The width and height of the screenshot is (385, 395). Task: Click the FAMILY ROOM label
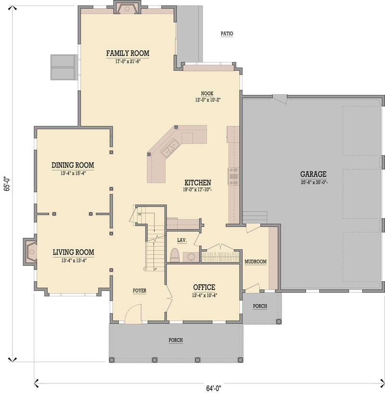point(128,53)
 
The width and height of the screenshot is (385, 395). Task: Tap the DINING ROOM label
point(73,165)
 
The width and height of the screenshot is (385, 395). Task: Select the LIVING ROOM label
point(73,252)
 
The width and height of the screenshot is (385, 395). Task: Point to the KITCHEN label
point(197,183)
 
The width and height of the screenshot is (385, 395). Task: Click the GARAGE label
point(313,174)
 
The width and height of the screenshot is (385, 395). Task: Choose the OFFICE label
point(204,288)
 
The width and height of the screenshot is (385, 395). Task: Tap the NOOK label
point(207,93)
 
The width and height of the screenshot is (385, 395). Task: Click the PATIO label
point(227,34)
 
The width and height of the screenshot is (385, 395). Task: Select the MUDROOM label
point(256,262)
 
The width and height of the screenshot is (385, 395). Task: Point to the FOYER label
point(140,291)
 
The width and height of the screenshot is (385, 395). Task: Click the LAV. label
point(181,240)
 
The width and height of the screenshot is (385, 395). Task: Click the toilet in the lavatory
point(175,254)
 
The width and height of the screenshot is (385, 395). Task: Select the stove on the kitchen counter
point(233,176)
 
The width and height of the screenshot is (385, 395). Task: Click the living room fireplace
point(30,251)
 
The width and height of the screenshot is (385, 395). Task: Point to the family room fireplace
point(127,8)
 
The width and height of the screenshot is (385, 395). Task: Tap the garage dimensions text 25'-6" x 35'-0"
point(313,183)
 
